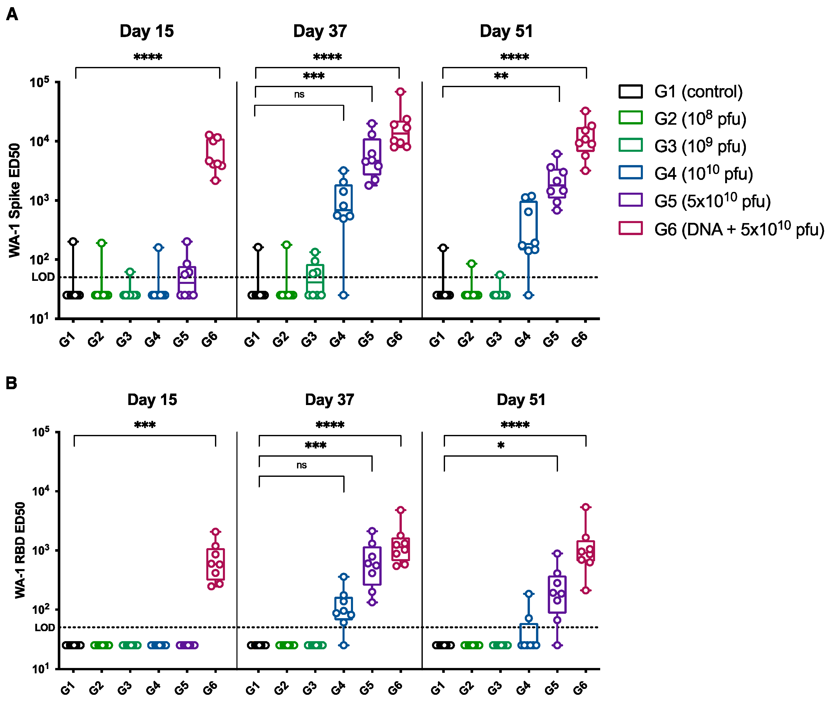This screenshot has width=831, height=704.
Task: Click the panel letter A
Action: [x=12, y=15]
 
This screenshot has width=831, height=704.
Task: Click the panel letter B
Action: [x=11, y=383]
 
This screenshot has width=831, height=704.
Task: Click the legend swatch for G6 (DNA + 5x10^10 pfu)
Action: [x=630, y=228]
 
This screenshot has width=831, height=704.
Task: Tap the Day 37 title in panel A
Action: [x=320, y=31]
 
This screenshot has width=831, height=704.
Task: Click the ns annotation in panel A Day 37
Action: [x=299, y=95]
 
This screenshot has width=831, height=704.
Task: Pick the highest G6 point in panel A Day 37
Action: [x=400, y=92]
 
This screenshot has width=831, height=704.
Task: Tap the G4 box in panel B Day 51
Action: [x=528, y=634]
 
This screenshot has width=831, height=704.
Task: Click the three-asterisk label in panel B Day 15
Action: [x=144, y=425]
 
